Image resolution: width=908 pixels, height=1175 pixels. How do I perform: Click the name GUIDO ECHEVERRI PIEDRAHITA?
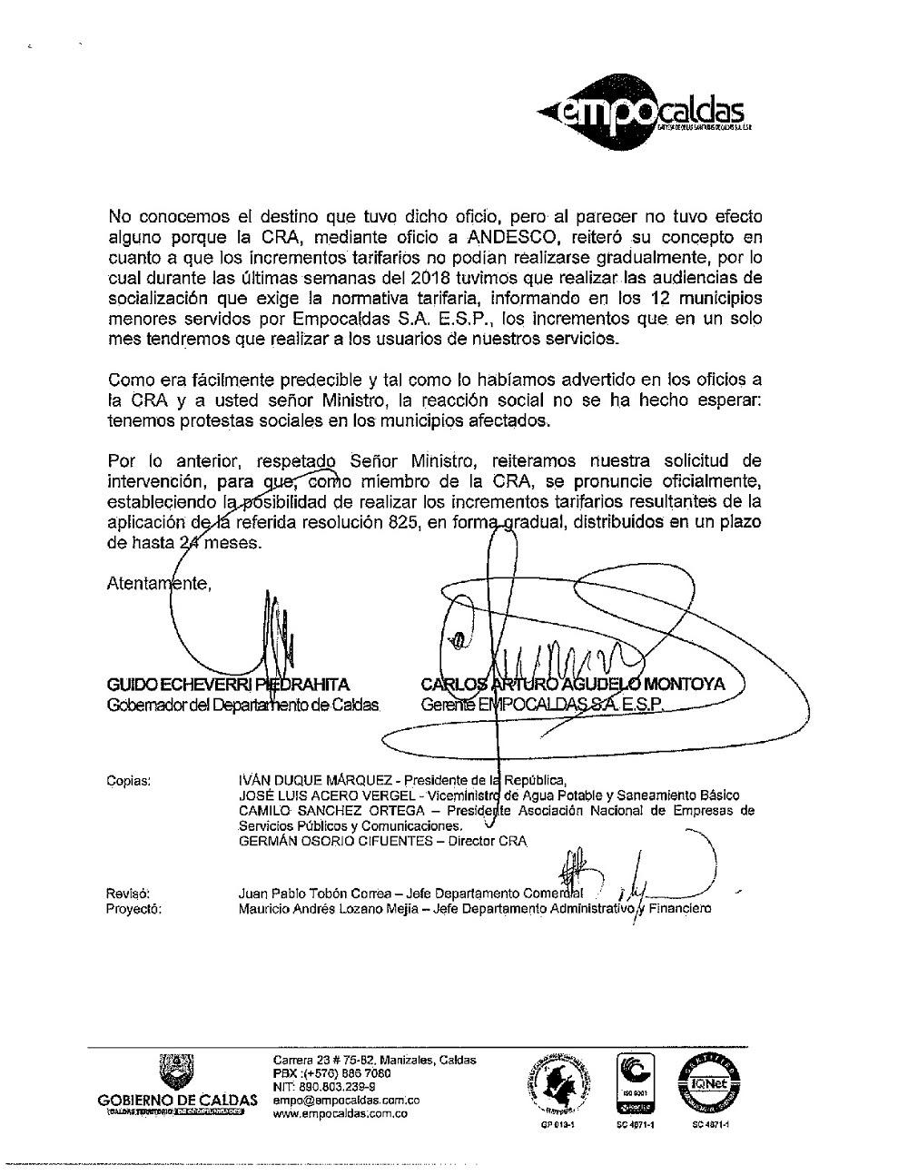click(228, 684)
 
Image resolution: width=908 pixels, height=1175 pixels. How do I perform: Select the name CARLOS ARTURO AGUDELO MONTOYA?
click(573, 684)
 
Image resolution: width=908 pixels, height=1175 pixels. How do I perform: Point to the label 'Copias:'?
click(129, 779)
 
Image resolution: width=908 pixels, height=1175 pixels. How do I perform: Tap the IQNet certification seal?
click(709, 1083)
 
